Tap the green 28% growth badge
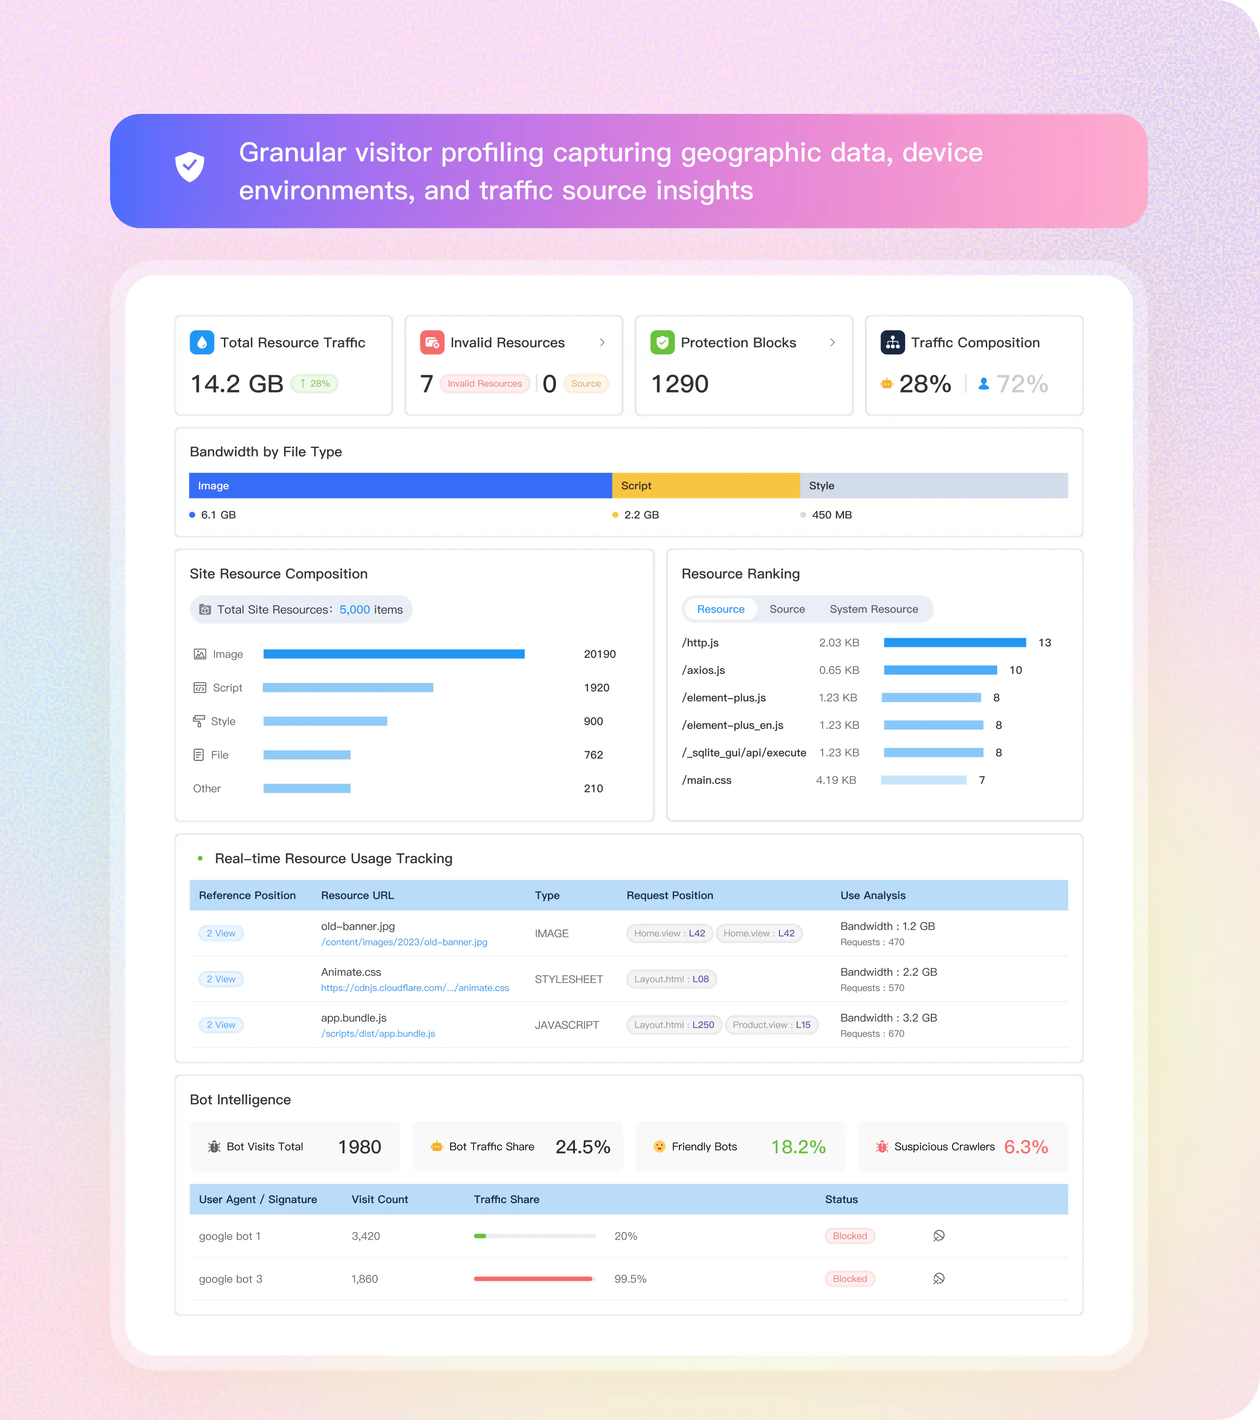point(315,383)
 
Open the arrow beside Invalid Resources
point(602,343)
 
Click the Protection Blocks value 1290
point(680,383)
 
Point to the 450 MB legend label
point(832,515)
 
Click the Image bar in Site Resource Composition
point(394,654)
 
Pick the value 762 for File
point(593,755)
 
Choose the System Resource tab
point(874,609)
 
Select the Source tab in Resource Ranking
point(787,609)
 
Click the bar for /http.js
point(955,643)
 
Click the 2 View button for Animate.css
point(221,979)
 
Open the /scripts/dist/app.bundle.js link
point(378,1034)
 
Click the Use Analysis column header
point(873,896)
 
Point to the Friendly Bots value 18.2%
point(798,1147)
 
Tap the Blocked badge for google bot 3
point(850,1279)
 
